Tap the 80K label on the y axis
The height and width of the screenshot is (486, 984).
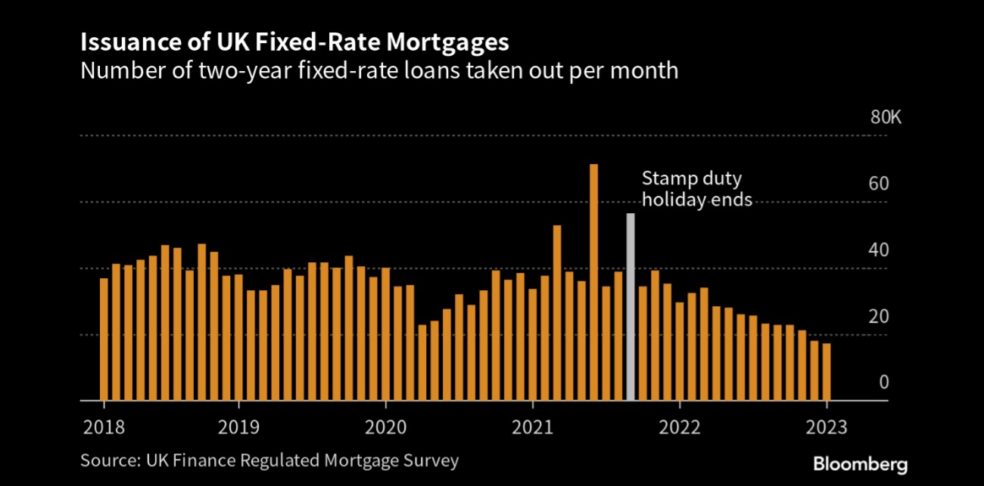click(x=886, y=119)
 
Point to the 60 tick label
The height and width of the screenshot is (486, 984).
click(x=879, y=184)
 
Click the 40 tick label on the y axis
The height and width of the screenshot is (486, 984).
click(x=879, y=250)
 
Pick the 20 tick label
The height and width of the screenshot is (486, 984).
click(x=879, y=317)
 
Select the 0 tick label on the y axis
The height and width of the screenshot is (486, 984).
click(x=883, y=382)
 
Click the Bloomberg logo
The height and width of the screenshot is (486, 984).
click(x=861, y=464)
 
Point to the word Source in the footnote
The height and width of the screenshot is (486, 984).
click(x=104, y=460)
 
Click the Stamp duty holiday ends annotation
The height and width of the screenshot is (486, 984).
click(x=696, y=190)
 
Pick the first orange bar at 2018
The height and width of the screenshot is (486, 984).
click(x=104, y=339)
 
